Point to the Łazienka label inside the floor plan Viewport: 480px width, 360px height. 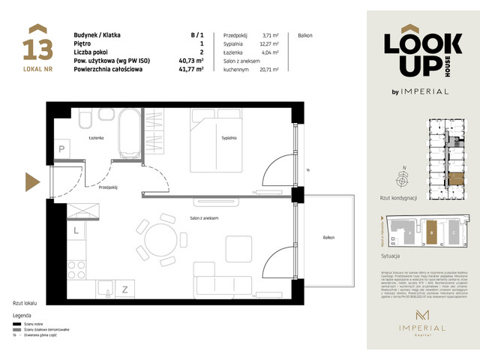(94, 138)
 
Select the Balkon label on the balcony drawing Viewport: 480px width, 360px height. (328, 238)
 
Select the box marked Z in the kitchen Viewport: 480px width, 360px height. (124, 288)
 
